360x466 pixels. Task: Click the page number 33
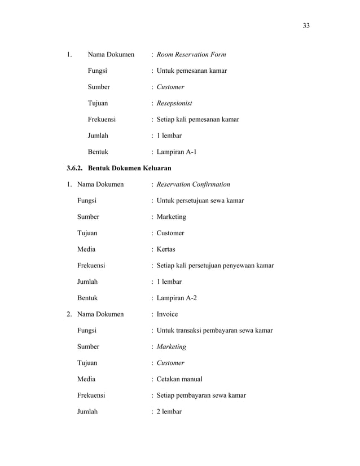306,25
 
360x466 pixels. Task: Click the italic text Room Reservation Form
191,55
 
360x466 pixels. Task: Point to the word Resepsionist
174,103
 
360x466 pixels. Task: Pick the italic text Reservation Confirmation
194,184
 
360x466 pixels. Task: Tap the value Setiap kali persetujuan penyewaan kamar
216,265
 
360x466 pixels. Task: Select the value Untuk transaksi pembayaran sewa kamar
215,330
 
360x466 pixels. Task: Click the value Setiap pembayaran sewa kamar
201,395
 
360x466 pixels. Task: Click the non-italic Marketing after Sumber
172,217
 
